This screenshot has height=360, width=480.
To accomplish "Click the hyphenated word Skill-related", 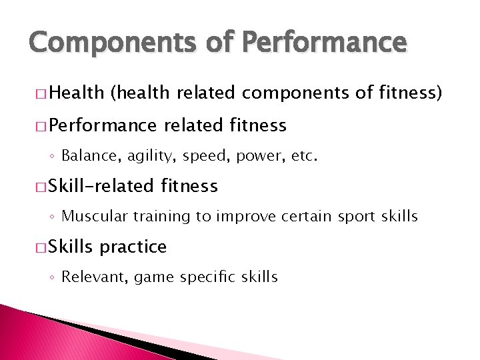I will pos(99,186).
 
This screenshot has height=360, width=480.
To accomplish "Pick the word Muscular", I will pos(89,217).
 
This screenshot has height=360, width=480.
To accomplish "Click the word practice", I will pos(133,247).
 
